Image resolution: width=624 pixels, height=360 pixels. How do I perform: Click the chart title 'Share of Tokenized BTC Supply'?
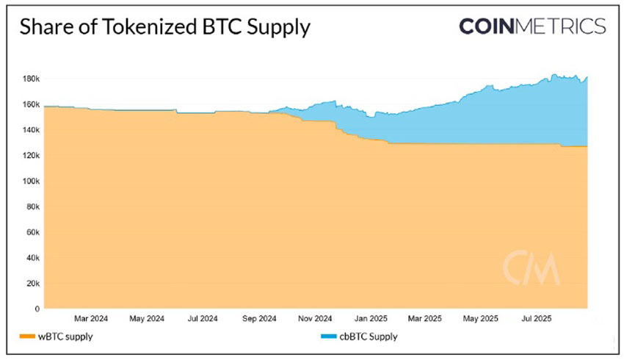164,28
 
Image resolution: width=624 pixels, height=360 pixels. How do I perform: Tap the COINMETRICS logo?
532,26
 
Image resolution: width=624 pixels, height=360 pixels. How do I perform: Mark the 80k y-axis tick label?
32,207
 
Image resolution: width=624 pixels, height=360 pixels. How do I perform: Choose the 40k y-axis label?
32,258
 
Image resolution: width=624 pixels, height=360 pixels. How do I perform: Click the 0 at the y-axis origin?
37,309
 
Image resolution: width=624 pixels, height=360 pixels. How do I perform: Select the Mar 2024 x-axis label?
91,319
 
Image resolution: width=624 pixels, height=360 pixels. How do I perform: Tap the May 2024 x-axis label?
147,319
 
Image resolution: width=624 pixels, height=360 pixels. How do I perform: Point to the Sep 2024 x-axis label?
258,319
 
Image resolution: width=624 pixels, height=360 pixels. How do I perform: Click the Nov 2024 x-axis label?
314,319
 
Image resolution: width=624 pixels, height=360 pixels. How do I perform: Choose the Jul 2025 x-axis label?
537,319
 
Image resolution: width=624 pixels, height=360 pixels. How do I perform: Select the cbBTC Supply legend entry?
369,337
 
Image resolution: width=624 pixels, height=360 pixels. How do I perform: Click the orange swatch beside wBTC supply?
29,337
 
